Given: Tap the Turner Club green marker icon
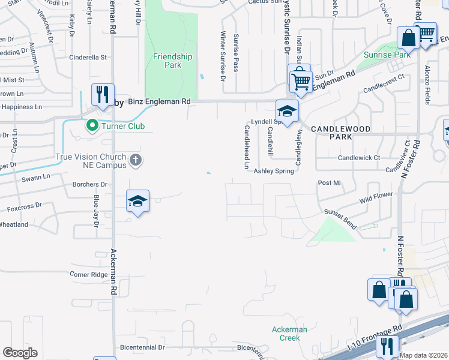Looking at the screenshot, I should [92, 126].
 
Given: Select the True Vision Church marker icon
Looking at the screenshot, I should [136, 160].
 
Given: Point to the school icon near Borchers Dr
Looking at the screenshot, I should [137, 201].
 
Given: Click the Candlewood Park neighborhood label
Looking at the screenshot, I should [331, 133].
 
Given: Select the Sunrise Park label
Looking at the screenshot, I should [388, 55].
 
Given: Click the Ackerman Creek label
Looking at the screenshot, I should [289, 334].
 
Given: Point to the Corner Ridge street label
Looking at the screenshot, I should [88, 274].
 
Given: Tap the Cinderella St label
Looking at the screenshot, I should [88, 58].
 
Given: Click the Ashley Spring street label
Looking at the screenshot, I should [274, 171].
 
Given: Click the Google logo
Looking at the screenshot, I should [20, 353].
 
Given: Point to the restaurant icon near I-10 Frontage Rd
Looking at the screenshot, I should [387, 346].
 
